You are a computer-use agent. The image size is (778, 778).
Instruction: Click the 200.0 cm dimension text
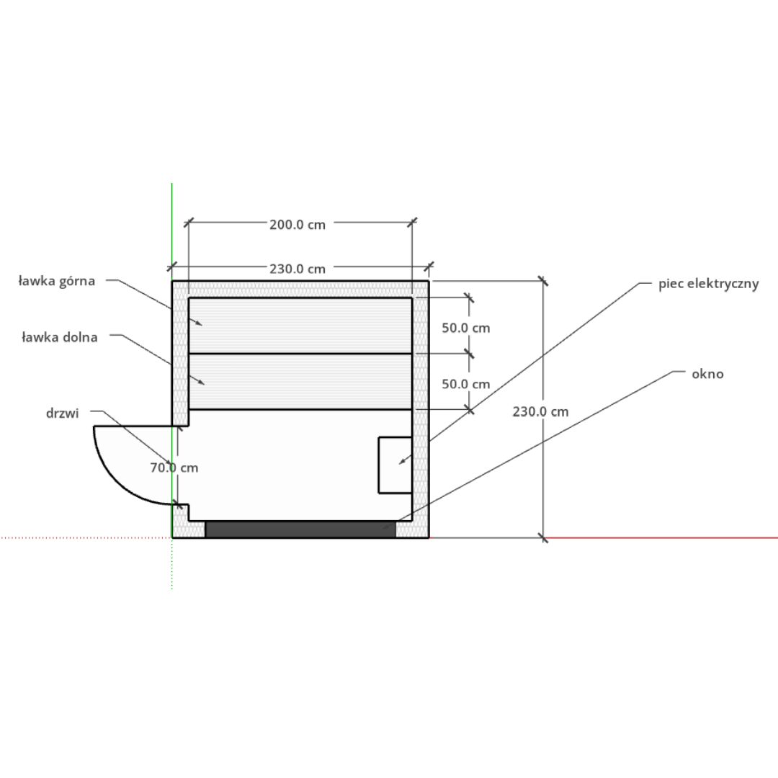[x=298, y=225]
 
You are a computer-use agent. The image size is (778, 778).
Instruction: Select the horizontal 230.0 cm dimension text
[x=298, y=269]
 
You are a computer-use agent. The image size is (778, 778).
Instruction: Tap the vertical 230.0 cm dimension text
[x=540, y=412]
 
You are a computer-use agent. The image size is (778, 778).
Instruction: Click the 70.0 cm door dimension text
[x=174, y=468]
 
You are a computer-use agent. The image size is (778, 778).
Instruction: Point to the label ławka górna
[x=57, y=282]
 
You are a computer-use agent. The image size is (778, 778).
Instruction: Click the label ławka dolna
[x=60, y=337]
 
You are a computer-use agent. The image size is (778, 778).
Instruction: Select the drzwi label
[x=63, y=413]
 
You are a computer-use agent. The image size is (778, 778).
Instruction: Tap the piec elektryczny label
[x=709, y=284]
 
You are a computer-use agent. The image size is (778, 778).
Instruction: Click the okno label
[x=707, y=374]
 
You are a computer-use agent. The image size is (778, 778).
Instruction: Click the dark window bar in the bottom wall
[x=300, y=529]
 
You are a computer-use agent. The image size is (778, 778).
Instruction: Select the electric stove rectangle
[x=395, y=465]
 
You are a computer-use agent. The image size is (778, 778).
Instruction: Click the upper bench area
[x=300, y=326]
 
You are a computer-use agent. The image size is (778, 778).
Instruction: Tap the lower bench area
[x=300, y=382]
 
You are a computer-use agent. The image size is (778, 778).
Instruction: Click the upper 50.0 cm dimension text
[x=466, y=328]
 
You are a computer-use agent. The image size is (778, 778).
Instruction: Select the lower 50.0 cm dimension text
[x=466, y=384]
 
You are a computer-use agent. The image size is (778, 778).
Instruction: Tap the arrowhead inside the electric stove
[x=403, y=462]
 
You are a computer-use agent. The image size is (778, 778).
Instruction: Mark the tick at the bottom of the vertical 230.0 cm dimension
[x=543, y=537]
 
